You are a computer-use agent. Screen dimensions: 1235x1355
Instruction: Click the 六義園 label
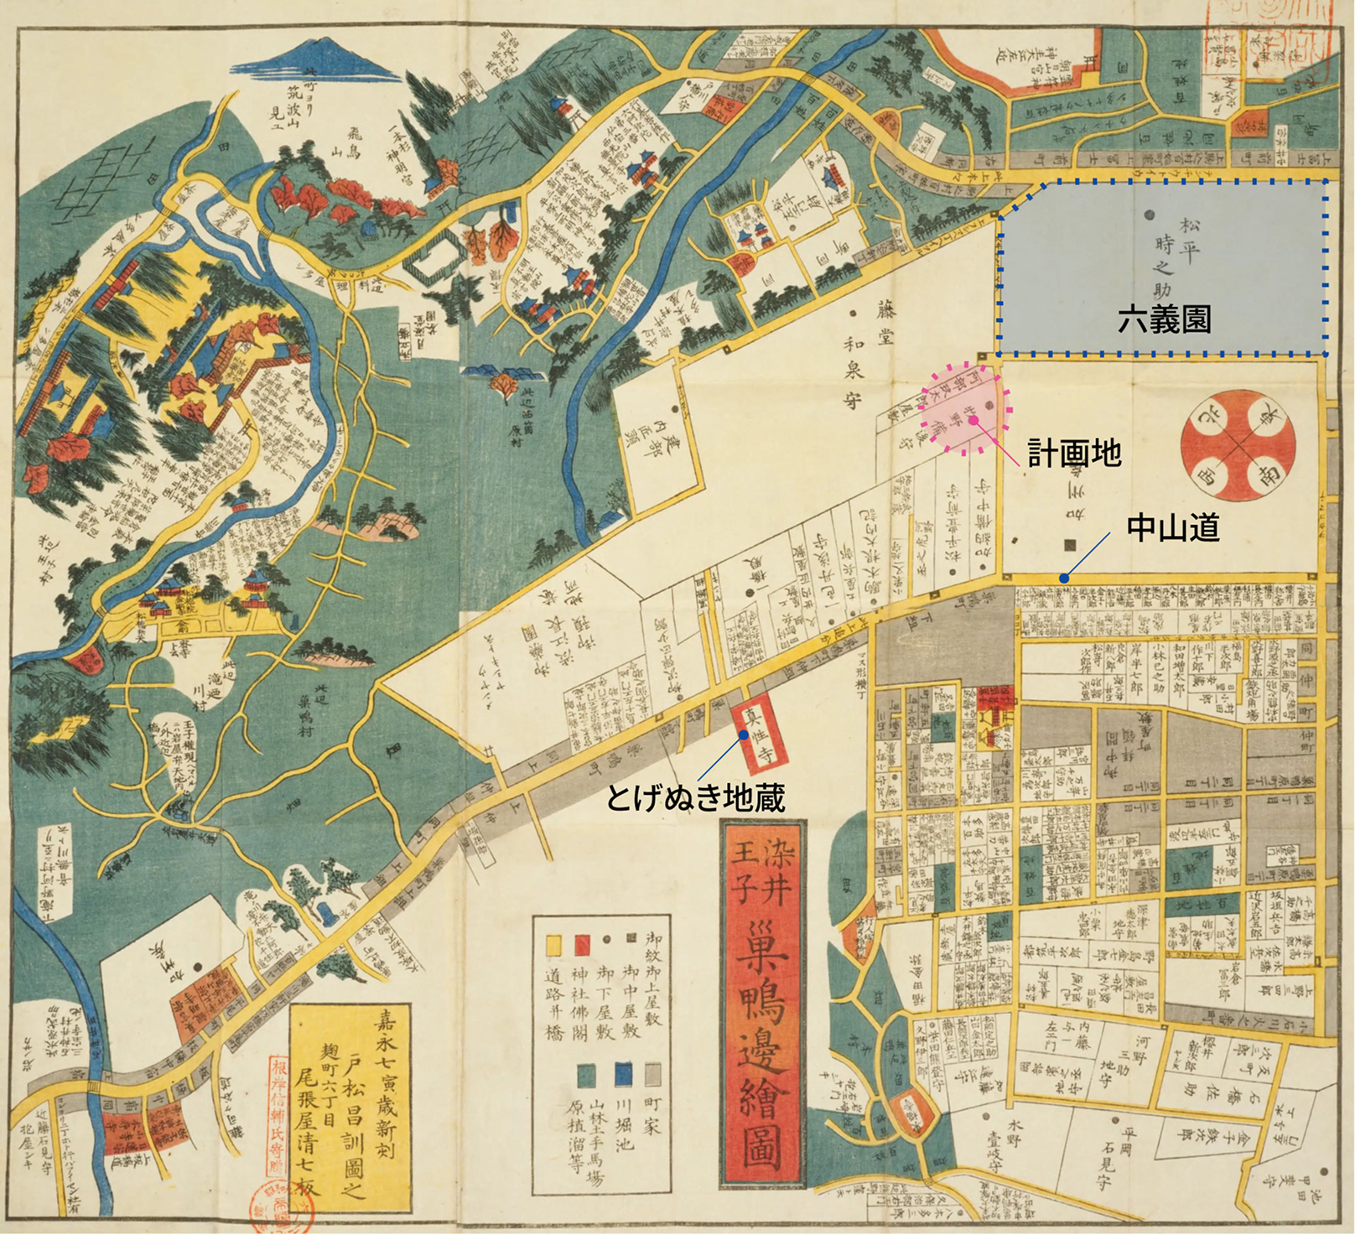[1164, 319]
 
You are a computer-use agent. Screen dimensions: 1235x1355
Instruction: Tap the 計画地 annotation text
[1074, 454]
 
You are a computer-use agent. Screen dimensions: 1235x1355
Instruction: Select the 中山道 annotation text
[1172, 527]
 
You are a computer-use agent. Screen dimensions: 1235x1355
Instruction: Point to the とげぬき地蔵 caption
[695, 799]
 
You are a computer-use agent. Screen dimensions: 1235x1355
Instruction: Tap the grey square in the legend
[653, 1075]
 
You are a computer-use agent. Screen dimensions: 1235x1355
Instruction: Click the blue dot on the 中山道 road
[1063, 578]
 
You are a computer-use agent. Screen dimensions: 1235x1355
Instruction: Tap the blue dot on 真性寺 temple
[744, 734]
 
